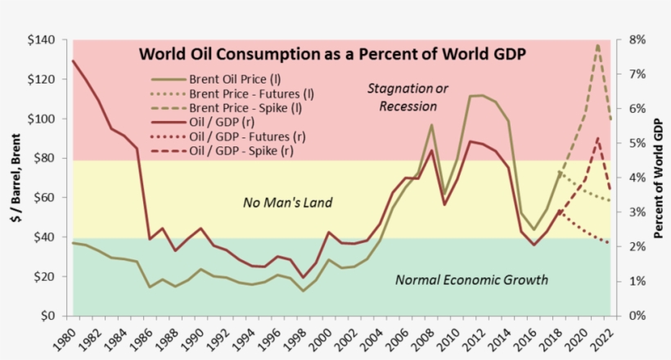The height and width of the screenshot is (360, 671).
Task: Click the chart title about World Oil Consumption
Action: [331, 55]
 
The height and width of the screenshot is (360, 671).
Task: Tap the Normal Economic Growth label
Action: [471, 280]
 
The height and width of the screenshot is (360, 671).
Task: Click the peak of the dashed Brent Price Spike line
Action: [598, 44]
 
